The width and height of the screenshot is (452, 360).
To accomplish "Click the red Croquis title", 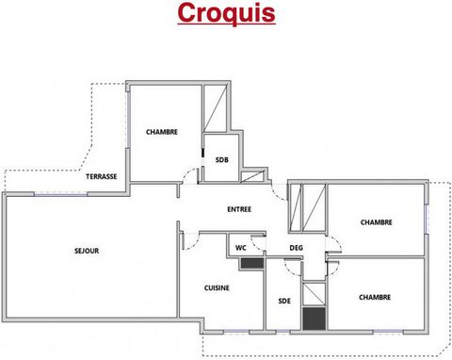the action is point(226,13).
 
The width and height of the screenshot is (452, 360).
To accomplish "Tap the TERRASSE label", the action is point(102,176).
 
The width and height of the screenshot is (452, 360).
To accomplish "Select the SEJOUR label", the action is point(87,251).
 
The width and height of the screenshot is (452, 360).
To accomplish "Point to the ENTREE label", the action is point(239,209).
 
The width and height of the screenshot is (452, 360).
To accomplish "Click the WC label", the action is point(241,248).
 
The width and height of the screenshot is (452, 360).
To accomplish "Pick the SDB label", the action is point(222,160).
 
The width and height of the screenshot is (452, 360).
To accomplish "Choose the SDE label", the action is point(284,301).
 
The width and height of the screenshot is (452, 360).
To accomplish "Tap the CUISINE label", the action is point(217,287).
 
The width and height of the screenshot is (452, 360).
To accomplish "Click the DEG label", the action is point(296,248).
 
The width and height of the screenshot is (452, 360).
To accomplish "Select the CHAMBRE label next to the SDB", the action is point(162,132).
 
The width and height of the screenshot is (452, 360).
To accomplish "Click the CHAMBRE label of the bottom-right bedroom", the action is point(375,297).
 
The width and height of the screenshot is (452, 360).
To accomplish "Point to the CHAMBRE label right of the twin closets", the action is point(377,222).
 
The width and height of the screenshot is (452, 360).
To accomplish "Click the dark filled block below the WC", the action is point(252,263).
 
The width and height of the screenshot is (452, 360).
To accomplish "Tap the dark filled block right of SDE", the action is point(314,319).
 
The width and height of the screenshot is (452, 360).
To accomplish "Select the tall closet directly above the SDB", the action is point(215,108).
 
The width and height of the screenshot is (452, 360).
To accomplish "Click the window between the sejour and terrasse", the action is point(60,194).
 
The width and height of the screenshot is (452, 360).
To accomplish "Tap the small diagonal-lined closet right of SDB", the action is point(251,176).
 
